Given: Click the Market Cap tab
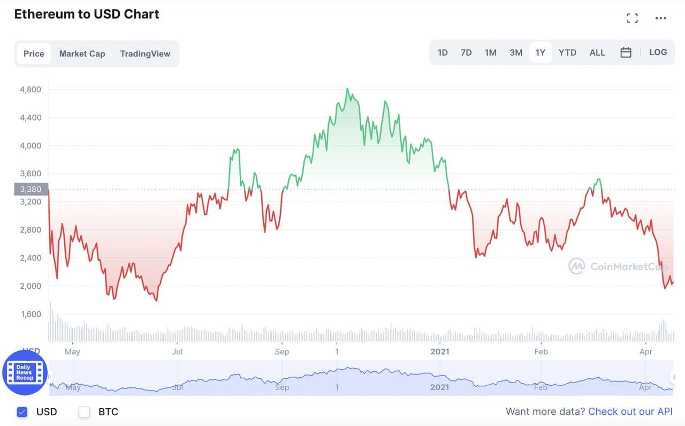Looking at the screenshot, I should tap(82, 54).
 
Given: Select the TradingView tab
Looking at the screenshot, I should tap(145, 54).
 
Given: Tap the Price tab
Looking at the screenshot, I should tap(34, 54).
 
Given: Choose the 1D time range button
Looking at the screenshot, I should tap(443, 53).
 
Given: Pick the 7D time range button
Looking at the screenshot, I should tap(466, 53).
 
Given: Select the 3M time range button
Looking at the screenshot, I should tap(516, 53).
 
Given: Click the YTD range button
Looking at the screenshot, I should tap(567, 53).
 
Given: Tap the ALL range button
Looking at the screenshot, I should tap(597, 53).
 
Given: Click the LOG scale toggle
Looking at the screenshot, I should tap(658, 53).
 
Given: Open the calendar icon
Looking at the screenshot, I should tap(626, 53).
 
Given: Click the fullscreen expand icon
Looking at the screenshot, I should tap(632, 18).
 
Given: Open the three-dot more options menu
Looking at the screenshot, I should tap(661, 18).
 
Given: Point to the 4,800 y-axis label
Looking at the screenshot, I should tap(31, 89).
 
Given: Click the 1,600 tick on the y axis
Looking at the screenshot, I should tap(31, 314).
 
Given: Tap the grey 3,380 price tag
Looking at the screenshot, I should tap(31, 189).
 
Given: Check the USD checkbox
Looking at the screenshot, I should tap(22, 412).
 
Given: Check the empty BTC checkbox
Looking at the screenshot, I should tap(84, 412).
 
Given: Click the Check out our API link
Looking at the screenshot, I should tap(630, 412).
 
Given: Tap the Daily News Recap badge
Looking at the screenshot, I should tap(25, 372).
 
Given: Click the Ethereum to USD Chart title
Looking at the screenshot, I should tap(87, 14).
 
